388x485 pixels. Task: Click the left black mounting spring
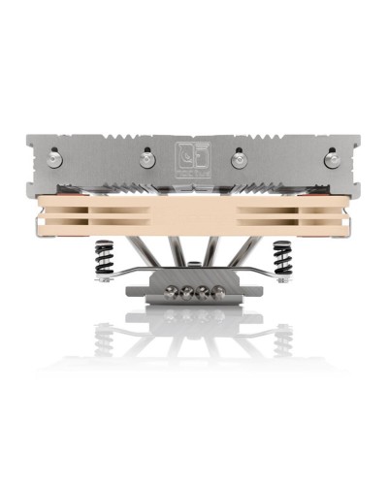click(104, 259)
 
